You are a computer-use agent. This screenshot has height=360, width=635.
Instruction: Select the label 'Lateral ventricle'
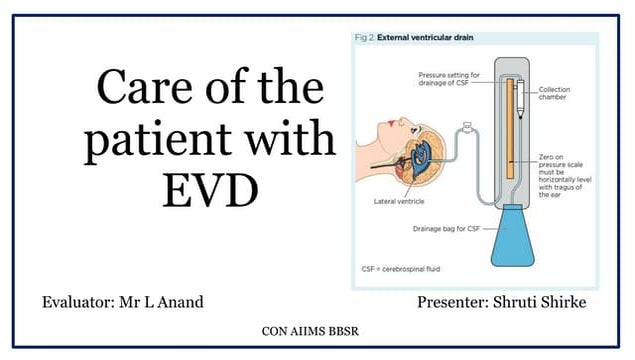click(401, 201)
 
